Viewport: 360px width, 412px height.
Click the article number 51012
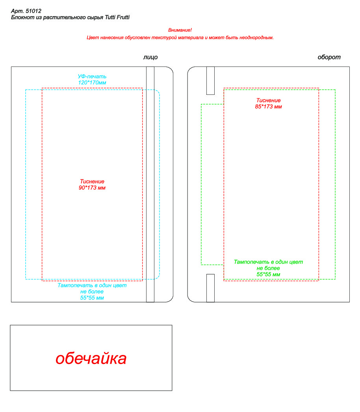click(x=33, y=11)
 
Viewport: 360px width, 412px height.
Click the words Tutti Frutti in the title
click(x=117, y=17)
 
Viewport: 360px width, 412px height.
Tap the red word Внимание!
click(x=180, y=30)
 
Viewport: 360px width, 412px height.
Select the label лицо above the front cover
click(x=150, y=57)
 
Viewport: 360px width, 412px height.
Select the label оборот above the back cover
click(x=329, y=57)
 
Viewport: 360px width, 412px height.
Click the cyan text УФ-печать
click(x=92, y=76)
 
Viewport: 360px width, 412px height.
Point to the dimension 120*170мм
click(x=92, y=83)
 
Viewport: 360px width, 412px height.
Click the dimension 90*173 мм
click(x=92, y=188)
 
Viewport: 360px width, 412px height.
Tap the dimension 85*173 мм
click(x=269, y=107)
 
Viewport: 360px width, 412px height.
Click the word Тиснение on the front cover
click(x=92, y=181)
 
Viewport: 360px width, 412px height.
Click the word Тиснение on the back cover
click(x=269, y=100)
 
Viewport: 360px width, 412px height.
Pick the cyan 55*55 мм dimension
click(x=92, y=298)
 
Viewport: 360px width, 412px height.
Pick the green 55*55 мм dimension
click(x=269, y=275)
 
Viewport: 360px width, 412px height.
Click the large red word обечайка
click(x=91, y=358)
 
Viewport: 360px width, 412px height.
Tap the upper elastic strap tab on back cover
click(x=210, y=81)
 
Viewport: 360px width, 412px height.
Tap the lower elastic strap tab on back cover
click(x=210, y=288)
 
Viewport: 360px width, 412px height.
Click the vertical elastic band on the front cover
click(x=150, y=185)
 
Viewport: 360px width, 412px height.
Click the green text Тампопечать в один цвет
click(x=269, y=262)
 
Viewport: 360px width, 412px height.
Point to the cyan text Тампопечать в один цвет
click(x=92, y=285)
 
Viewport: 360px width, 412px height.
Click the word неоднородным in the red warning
click(x=256, y=38)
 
